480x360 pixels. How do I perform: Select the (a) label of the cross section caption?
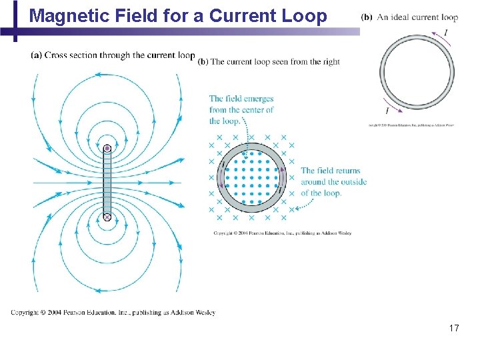click(37, 55)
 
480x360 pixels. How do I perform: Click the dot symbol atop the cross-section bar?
click(107, 147)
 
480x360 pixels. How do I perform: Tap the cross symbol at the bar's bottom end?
click(107, 217)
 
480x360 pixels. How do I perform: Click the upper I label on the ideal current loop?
click(445, 31)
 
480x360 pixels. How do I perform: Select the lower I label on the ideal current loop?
click(387, 111)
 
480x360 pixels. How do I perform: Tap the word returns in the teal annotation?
click(347, 171)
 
